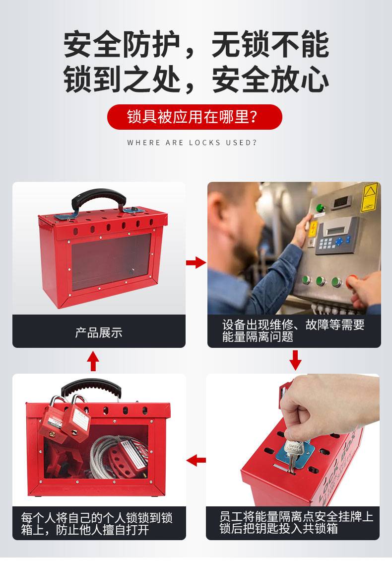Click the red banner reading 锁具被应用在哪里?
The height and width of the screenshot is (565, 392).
195,117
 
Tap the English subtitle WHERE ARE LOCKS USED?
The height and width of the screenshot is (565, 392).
192,143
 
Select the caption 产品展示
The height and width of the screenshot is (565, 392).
99,332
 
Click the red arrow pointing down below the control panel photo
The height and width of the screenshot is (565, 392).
295,360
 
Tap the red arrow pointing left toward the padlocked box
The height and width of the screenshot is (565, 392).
196,460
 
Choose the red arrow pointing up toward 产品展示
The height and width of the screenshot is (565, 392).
93,361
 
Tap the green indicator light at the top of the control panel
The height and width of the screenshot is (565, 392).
319,208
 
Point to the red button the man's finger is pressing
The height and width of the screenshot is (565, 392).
350,281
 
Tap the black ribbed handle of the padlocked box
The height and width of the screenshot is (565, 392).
91,389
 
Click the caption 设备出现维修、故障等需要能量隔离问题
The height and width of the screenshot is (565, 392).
293,330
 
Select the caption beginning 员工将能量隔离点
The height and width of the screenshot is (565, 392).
296,522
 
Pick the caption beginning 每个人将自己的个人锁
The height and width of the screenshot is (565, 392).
96,524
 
